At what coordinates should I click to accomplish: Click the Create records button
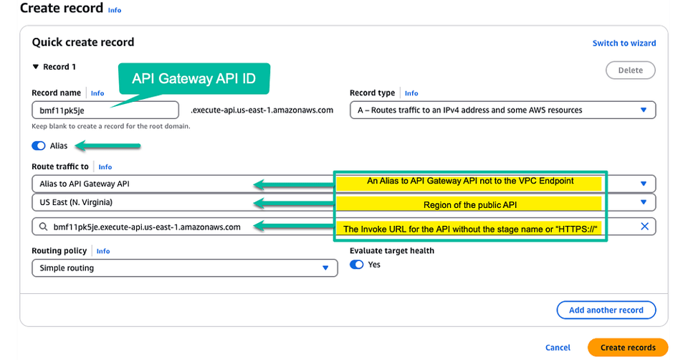tap(628, 347)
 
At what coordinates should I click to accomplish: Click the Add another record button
tap(606, 310)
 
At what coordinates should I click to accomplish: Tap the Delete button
tap(631, 70)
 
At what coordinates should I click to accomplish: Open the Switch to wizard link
tap(624, 43)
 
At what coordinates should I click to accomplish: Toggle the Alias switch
tap(39, 146)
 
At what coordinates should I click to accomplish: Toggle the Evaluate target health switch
tap(357, 265)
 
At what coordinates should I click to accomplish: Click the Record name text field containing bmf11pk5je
tap(105, 110)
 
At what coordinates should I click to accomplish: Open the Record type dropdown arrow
tap(644, 110)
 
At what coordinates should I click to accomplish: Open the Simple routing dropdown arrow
tap(325, 267)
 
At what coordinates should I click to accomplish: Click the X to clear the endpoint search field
tap(644, 226)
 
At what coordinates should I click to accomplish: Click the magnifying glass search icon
tap(43, 227)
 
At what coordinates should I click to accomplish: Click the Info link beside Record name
tap(97, 93)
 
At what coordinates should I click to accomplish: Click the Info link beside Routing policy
tap(103, 251)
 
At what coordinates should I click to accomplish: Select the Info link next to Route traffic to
tap(105, 167)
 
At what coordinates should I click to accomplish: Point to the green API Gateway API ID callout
tap(194, 79)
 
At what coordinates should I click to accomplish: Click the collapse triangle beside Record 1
tap(36, 67)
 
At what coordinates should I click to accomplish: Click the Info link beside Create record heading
tap(115, 10)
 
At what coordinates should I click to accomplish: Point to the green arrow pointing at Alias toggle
tap(108, 146)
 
